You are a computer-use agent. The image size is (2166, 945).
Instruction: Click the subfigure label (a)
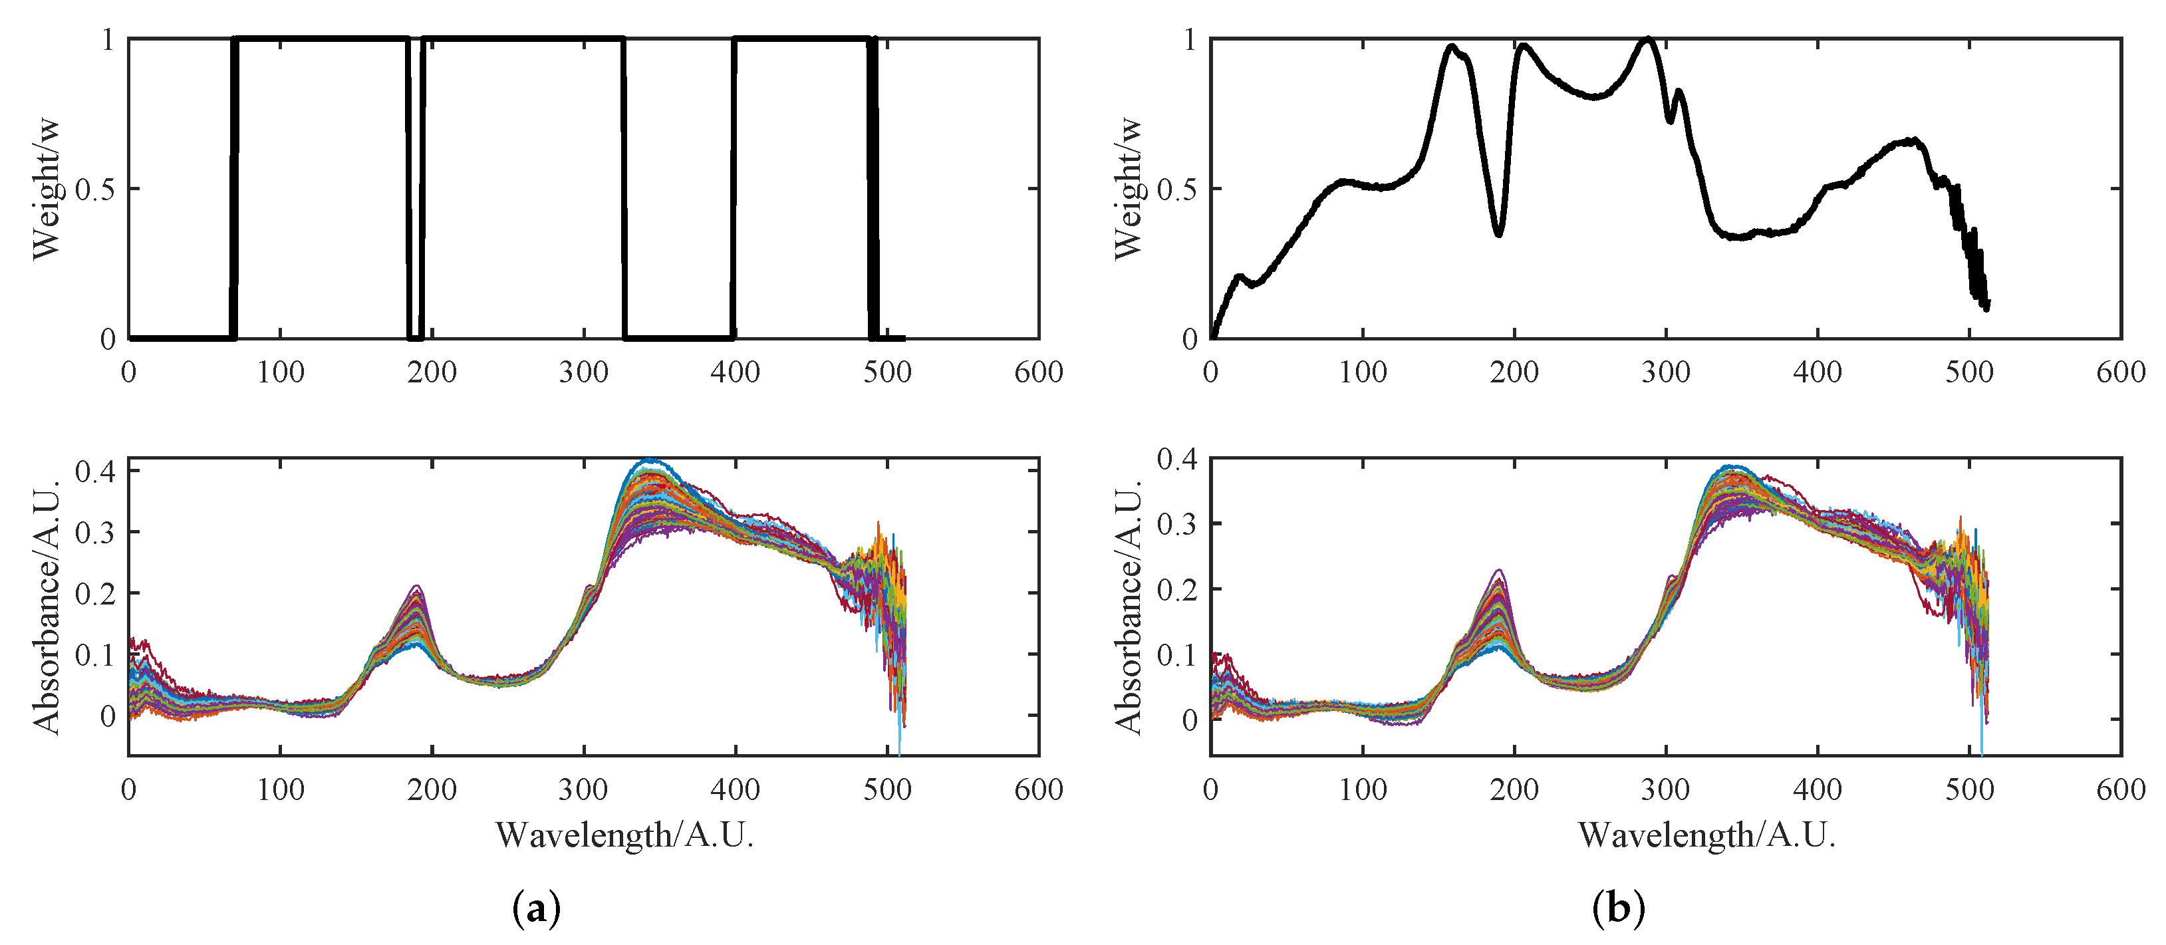coord(535,909)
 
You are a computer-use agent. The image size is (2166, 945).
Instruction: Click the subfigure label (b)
coord(1618,909)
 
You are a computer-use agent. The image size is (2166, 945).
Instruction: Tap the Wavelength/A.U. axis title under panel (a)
coord(624,835)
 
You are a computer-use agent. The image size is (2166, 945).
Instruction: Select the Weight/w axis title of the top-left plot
coord(47,188)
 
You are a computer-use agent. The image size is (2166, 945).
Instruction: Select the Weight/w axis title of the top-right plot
coord(1128,188)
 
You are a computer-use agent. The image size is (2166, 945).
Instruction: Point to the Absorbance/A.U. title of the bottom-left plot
coord(47,607)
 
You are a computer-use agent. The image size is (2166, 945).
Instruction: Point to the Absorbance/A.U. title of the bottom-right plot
coord(1128,607)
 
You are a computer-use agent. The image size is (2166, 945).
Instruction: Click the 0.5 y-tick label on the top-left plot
coord(94,189)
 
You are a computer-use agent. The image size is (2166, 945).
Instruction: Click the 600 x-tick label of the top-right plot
coord(2121,372)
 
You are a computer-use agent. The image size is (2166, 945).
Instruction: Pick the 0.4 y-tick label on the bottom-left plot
coord(94,471)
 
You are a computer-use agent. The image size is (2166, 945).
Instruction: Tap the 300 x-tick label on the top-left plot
coord(583,372)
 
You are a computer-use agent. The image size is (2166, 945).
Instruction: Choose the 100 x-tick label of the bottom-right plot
coord(1362,789)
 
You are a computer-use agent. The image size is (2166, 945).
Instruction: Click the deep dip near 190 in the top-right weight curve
coord(1498,232)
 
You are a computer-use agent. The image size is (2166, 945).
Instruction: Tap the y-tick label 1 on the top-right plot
coord(1189,39)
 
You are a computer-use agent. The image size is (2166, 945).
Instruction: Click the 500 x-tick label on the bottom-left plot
coord(887,789)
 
